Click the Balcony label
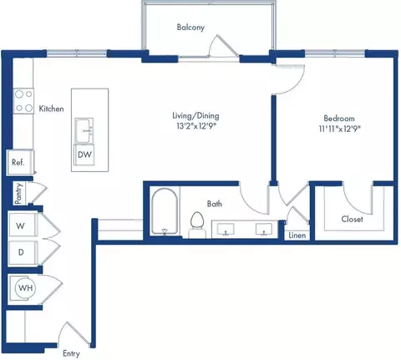point(190,28)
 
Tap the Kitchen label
point(51,109)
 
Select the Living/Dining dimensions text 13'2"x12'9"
point(196,126)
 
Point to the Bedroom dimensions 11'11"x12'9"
point(340,129)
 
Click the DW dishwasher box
point(84,155)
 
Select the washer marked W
point(23,225)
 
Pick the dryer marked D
point(23,252)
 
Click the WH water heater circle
point(25,288)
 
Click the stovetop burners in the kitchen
point(23,101)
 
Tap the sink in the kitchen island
point(84,130)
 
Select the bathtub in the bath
point(165,211)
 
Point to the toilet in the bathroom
point(197,225)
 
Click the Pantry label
point(18,194)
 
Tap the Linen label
point(297,236)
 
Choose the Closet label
point(352,219)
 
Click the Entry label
point(71,353)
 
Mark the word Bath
point(215,204)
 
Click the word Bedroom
point(339,119)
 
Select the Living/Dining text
point(195,116)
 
